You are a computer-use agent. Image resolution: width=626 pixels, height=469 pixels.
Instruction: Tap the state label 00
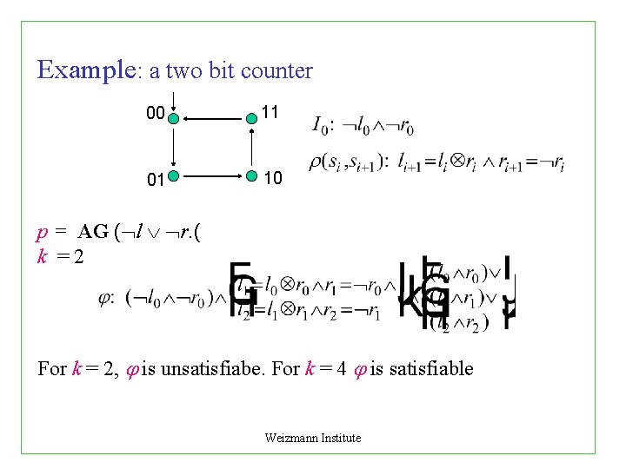pos(155,114)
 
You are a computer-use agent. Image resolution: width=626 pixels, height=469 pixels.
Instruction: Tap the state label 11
pos(270,113)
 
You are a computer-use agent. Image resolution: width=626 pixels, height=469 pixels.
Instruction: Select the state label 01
pos(156,181)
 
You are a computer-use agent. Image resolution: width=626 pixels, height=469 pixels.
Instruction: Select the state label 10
pos(272,178)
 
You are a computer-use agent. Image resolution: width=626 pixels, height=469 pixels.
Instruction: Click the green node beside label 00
pos(174,118)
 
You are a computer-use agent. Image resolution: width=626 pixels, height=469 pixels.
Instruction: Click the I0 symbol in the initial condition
pos(320,126)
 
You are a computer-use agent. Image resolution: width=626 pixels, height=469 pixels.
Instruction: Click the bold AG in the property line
pos(93,232)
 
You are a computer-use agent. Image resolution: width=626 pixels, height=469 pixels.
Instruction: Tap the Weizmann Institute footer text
pos(313,438)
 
